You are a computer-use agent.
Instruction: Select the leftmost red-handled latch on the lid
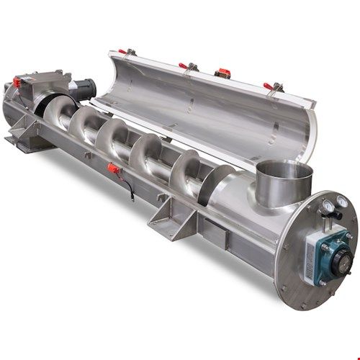[x=129, y=52]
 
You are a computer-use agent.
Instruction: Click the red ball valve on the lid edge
[x=221, y=72]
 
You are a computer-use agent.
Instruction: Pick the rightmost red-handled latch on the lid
[x=271, y=87]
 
